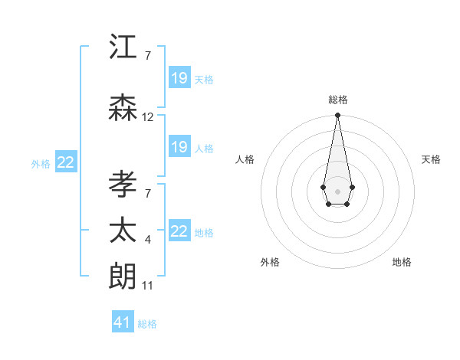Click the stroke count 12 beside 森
click(148, 117)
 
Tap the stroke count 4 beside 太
click(147, 240)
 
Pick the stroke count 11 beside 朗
click(148, 286)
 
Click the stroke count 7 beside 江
click(147, 56)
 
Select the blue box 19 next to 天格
click(179, 78)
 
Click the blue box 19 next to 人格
click(179, 147)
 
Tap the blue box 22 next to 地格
click(179, 231)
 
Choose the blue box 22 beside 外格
click(66, 162)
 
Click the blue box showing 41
click(123, 322)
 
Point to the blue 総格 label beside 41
click(147, 324)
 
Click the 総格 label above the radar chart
click(337, 100)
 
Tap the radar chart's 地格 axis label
click(402, 262)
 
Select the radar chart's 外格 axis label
click(270, 262)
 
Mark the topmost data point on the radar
click(337, 116)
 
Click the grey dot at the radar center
click(337, 190)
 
